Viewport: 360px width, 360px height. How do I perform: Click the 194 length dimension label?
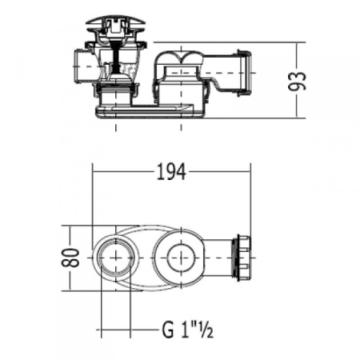171,172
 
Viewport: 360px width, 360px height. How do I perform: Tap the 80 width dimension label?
70,258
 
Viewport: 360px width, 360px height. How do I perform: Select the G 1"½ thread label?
187,330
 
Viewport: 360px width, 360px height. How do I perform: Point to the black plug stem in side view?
115,58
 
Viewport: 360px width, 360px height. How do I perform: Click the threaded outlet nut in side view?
245,72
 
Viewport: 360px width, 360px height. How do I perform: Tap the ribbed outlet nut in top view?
242,258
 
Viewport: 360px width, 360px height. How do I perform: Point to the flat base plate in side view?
150,111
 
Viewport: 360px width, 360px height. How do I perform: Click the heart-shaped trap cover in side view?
181,58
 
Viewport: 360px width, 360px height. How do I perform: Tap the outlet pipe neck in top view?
218,258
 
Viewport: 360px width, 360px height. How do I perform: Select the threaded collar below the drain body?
115,90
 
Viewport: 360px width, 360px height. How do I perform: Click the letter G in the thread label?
168,330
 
